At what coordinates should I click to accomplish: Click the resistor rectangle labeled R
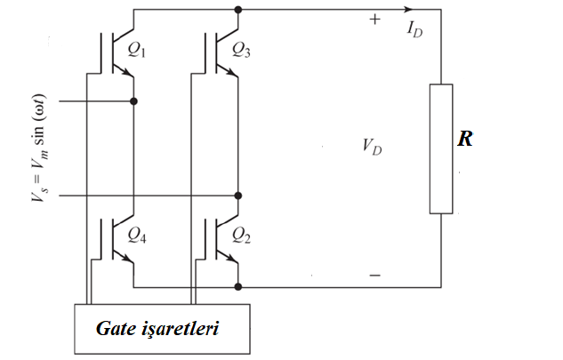pyautogui.click(x=441, y=148)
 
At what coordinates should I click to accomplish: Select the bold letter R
pyautogui.click(x=465, y=140)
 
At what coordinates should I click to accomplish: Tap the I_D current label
pyautogui.click(x=415, y=28)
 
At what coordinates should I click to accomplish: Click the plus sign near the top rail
pyautogui.click(x=374, y=20)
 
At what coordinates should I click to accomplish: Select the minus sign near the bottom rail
pyautogui.click(x=374, y=276)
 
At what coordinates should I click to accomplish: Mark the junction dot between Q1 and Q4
pyautogui.click(x=133, y=101)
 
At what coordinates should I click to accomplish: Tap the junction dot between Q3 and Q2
pyautogui.click(x=238, y=195)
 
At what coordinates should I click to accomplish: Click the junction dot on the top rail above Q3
pyautogui.click(x=238, y=11)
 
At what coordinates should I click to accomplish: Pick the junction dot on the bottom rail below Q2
pyautogui.click(x=238, y=286)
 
